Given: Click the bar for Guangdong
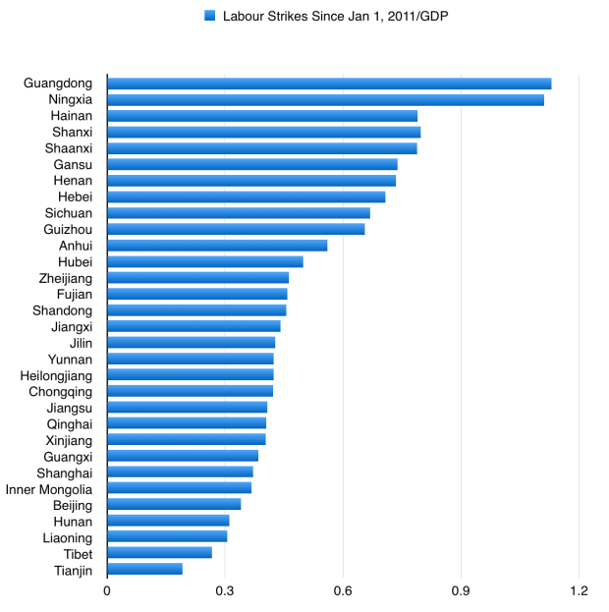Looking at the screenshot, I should [329, 83].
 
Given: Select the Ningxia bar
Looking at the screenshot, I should [325, 99].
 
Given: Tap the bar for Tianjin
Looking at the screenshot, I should [144, 569].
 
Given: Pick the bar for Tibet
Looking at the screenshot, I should [159, 552].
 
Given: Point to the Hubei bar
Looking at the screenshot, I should [204, 261].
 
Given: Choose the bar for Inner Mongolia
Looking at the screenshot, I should [179, 487].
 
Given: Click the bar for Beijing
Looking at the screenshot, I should [174, 504].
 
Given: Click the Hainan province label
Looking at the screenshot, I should [72, 116].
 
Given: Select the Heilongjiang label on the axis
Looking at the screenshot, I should [56, 374].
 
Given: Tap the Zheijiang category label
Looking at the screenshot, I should [64, 278].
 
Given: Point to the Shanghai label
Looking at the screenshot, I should [65, 472].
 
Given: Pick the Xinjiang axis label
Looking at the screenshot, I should [69, 439].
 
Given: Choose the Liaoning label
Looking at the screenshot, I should [68, 536].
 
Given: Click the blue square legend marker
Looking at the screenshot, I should [209, 16].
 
